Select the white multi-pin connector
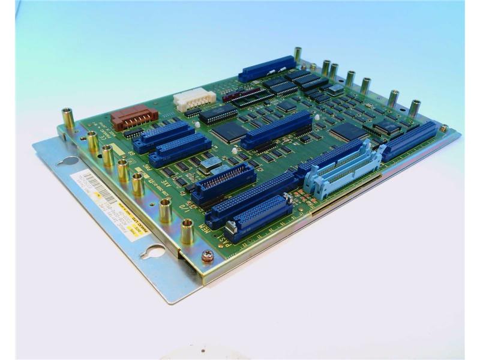194,98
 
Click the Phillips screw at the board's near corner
207,257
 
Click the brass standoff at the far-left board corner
68,118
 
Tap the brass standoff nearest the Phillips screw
187,230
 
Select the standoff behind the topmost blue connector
297,55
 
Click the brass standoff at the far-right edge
414,109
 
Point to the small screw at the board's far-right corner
443,128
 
